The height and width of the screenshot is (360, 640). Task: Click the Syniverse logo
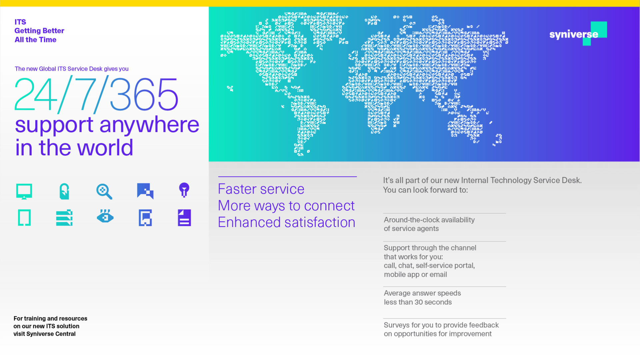[x=578, y=34]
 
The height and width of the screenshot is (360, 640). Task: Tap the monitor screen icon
[x=24, y=191]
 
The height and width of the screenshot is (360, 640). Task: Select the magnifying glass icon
[x=104, y=191]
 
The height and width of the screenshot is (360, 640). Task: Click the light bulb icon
[x=184, y=190]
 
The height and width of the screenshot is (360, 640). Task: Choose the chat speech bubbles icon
[x=145, y=191]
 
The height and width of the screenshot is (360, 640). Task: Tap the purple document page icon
[x=184, y=218]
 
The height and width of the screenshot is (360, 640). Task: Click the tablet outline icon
[x=24, y=218]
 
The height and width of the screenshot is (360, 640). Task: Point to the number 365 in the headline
[x=144, y=94]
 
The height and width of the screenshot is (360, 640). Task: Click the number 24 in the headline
[x=36, y=94]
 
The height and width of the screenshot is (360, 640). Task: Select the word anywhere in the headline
[x=149, y=125]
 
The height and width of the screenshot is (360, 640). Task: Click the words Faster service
[x=261, y=189]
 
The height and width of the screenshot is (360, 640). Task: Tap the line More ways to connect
[x=286, y=206]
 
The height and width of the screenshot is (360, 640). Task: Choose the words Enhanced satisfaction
[x=287, y=222]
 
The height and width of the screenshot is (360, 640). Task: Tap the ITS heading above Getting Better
[x=20, y=22]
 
